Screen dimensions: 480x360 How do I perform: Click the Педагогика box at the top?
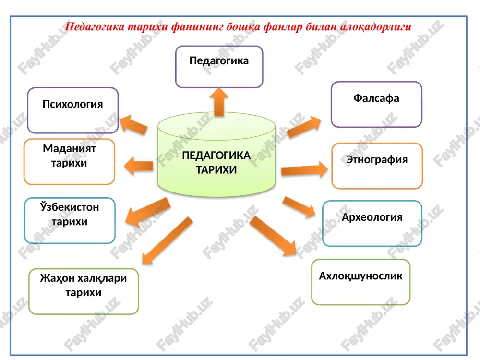click(x=219, y=67)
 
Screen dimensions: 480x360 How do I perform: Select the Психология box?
click(x=73, y=110)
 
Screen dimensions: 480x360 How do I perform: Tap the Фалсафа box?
click(x=376, y=104)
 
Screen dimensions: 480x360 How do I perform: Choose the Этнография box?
click(x=377, y=166)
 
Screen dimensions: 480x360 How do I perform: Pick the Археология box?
click(x=372, y=224)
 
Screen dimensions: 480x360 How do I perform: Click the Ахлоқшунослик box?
click(x=361, y=282)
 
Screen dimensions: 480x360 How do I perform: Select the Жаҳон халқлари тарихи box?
click(x=84, y=291)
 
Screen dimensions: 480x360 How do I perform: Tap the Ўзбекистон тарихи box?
click(x=70, y=220)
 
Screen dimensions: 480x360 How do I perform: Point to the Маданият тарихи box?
click(x=69, y=162)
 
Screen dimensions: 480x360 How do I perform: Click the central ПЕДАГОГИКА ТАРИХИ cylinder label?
click(x=216, y=163)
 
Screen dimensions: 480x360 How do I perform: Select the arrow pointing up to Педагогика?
click(x=219, y=102)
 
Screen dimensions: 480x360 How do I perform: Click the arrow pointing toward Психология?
click(x=133, y=125)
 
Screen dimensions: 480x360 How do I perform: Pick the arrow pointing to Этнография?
click(x=304, y=169)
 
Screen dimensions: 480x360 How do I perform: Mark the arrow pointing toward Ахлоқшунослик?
click(x=273, y=236)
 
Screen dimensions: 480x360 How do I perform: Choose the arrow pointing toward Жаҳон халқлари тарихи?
click(x=167, y=240)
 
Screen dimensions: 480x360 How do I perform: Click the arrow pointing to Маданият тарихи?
click(x=139, y=166)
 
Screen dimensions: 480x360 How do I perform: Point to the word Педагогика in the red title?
click(x=95, y=27)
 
